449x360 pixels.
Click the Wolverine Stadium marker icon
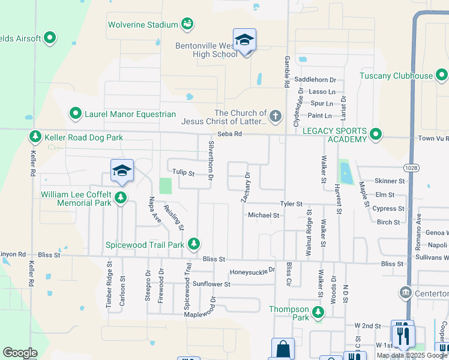[x=188, y=25]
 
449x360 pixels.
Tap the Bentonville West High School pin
[x=244, y=40]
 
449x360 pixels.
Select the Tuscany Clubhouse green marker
[x=442, y=76]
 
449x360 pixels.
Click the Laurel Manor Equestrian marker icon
[x=76, y=113]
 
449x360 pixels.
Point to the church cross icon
[x=276, y=116]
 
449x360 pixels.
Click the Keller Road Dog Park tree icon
[x=35, y=137]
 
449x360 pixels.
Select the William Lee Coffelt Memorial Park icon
[x=121, y=198]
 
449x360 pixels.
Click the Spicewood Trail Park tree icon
[x=193, y=244]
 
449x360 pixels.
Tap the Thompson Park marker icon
[x=318, y=313]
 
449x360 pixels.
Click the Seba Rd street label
[x=229, y=134]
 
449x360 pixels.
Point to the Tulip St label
[x=183, y=173]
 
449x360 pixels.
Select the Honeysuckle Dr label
[x=252, y=271]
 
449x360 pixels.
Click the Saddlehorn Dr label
[x=315, y=80]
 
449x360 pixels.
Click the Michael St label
[x=264, y=215]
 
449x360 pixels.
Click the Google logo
[x=20, y=353]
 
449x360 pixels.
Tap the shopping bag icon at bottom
[x=283, y=349]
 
